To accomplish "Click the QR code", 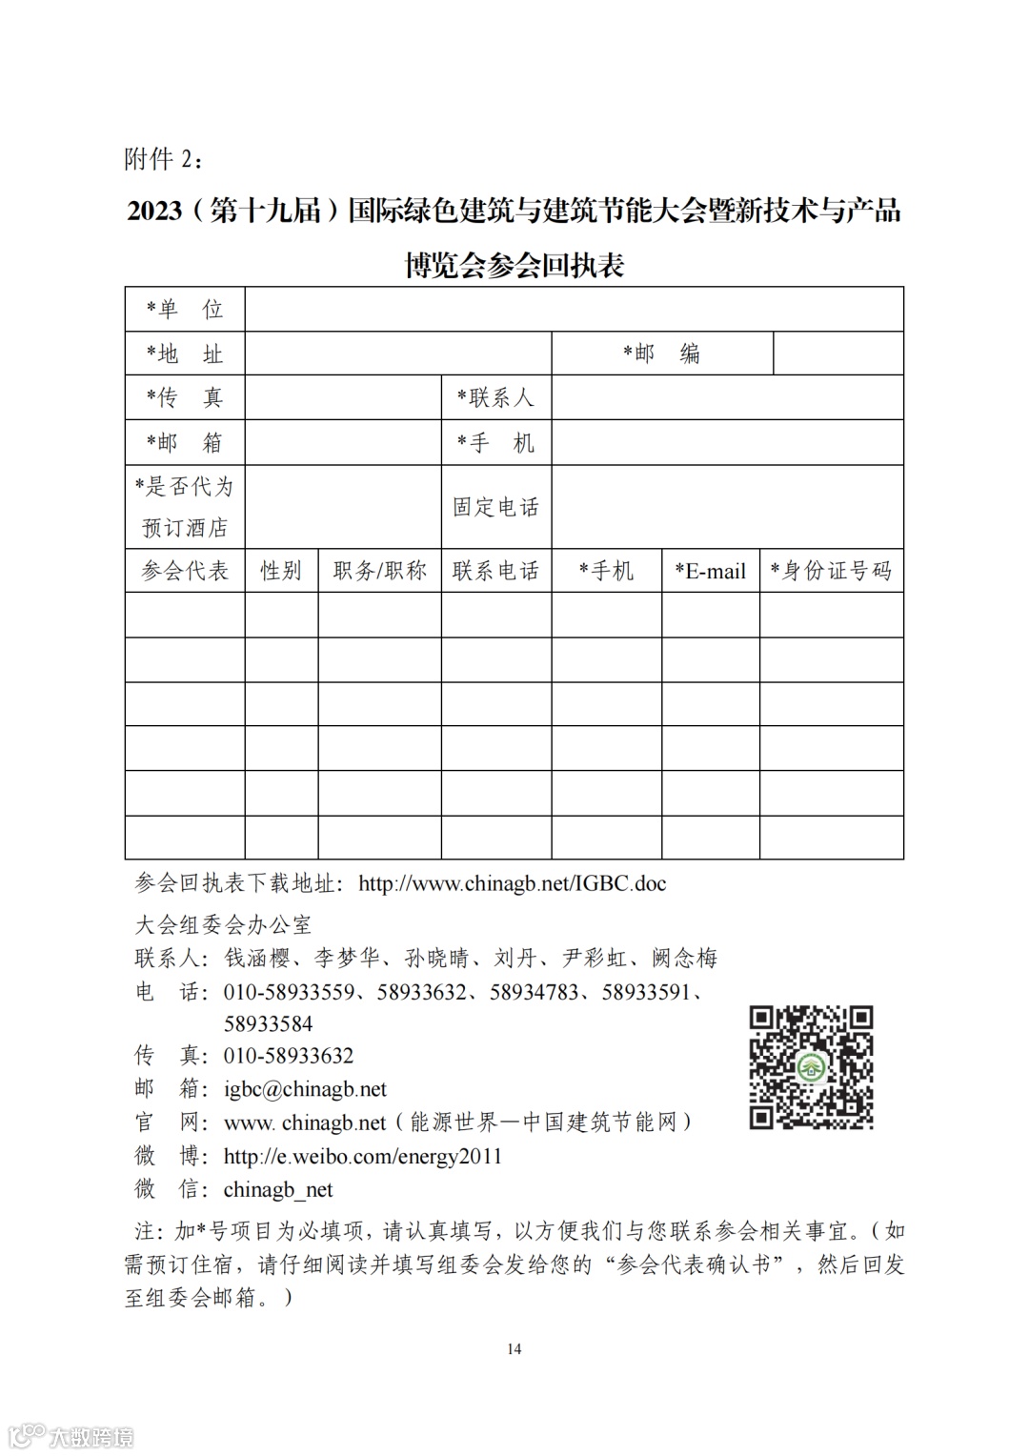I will pos(811,1067).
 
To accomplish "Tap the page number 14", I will pos(514,1348).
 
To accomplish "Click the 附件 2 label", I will pos(163,159).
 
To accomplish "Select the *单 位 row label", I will pos(185,309).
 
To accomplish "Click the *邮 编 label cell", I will pos(661,354).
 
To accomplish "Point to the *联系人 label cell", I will pos(495,397).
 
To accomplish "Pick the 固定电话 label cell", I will pos(495,507).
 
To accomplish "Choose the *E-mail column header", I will pos(710,571).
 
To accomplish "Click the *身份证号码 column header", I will pos(831,571).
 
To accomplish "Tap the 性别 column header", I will pos(281,571).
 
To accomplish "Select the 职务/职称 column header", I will pos(379,571).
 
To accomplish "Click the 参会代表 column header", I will pos(185,571).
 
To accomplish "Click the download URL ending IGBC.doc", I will pos(512,883).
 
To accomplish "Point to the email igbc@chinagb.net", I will pos(305,1089).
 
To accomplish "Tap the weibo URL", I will pos(362,1156).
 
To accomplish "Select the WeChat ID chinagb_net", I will pos(278,1189).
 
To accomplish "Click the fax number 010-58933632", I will pos(288,1056).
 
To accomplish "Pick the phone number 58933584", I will pos(268,1024).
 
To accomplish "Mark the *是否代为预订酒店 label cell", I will pos(185,507).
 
